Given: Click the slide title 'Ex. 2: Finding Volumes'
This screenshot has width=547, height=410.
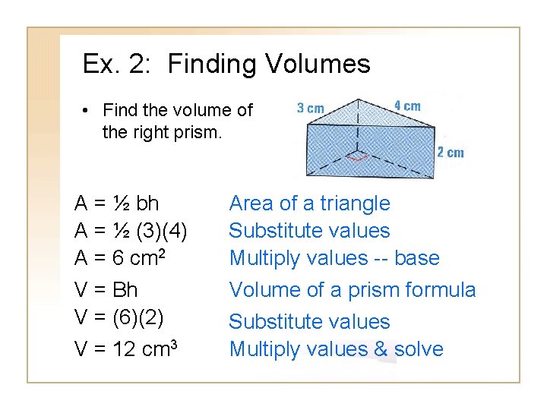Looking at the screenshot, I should click(226, 64).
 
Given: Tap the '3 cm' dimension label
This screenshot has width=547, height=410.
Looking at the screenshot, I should click(310, 108).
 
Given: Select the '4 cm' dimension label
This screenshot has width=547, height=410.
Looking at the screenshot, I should click(407, 106).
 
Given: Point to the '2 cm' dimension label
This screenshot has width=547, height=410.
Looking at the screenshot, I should click(450, 153).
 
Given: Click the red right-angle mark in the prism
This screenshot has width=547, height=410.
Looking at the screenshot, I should click(356, 157).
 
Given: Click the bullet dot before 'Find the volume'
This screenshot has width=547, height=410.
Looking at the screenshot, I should click(87, 111).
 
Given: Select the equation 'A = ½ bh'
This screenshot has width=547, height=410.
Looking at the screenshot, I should click(117, 203).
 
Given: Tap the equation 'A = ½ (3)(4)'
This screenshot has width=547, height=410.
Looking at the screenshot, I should click(131, 231).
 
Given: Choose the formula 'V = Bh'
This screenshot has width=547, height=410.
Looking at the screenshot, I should click(106, 290).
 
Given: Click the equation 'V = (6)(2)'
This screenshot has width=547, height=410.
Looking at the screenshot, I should click(119, 317).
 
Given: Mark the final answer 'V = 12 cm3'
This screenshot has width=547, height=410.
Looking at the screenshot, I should click(126, 348).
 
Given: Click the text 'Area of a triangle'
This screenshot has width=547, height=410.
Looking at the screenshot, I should click(309, 203).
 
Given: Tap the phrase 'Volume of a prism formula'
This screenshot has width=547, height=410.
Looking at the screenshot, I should click(353, 290).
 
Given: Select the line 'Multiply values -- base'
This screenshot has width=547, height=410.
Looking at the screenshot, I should click(334, 258).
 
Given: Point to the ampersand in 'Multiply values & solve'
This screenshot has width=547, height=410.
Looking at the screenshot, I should click(381, 349).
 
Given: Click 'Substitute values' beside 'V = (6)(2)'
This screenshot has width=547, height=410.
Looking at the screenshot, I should click(309, 322).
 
